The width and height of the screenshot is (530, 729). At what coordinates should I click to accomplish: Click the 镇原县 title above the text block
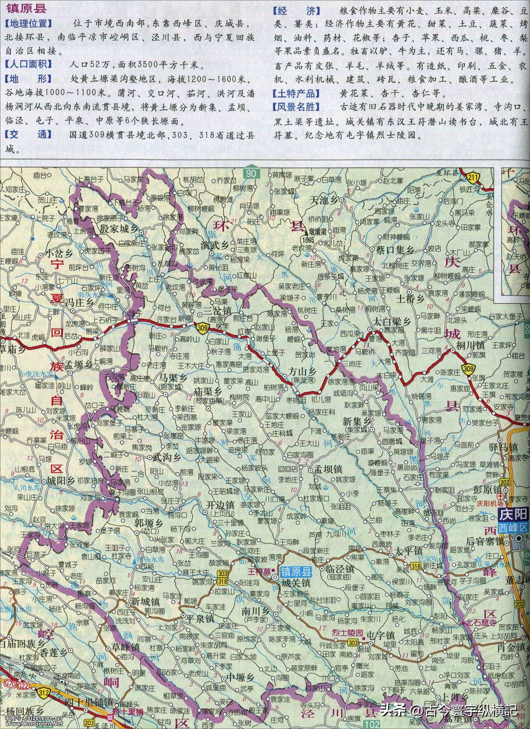pos(26,8)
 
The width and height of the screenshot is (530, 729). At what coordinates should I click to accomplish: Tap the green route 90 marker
pos(252,173)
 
